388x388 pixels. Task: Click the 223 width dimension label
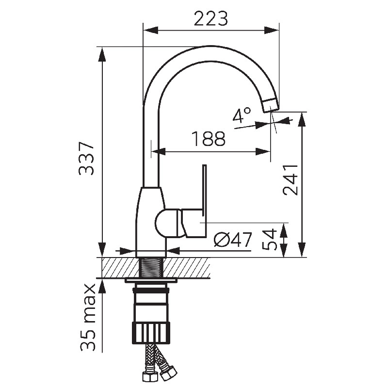[210, 19]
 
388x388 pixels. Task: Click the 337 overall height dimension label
[86, 159]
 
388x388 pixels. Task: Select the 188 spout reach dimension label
[209, 139]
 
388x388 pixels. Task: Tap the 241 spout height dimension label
[290, 180]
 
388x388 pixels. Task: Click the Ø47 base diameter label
[233, 240]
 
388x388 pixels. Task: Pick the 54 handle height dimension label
[269, 239]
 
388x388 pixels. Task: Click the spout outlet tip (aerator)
[271, 105]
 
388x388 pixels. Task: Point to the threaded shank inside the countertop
[151, 267]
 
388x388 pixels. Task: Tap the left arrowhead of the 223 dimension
[151, 31]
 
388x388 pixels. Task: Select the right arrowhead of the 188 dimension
[263, 152]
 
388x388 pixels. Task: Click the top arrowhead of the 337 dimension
[102, 54]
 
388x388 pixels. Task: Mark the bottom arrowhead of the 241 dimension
[302, 250]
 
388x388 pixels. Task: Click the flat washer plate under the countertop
[151, 280]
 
